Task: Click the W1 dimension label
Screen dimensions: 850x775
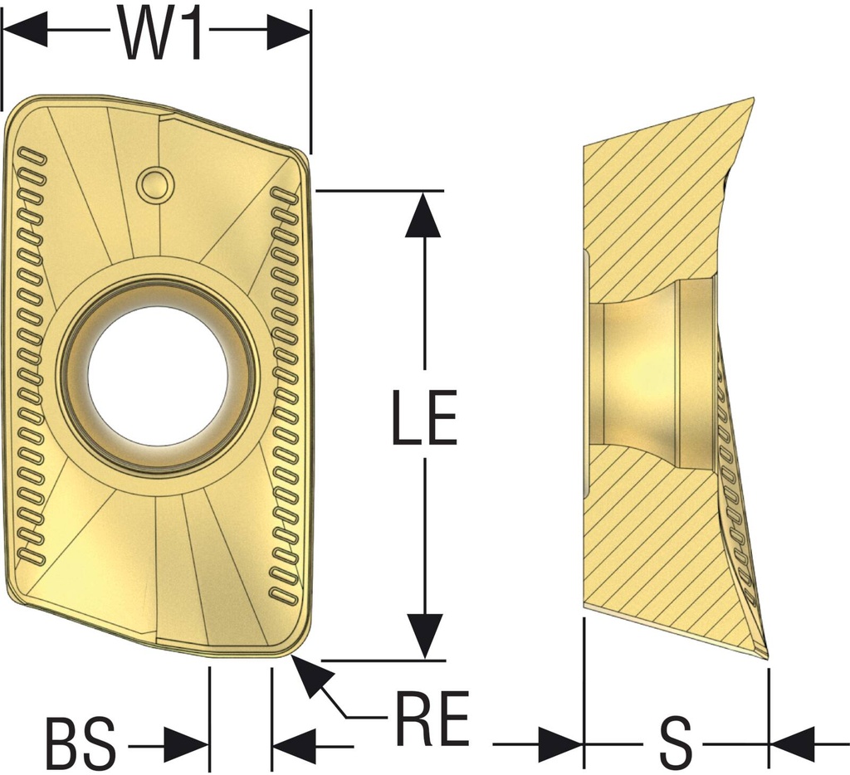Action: click(x=160, y=34)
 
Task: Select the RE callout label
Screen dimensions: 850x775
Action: click(x=432, y=718)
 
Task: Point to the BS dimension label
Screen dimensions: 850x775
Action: click(x=81, y=743)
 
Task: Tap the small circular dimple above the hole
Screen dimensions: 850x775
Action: click(x=155, y=184)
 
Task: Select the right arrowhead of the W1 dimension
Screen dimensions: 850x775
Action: click(x=289, y=30)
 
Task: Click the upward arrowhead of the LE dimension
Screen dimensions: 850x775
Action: click(x=423, y=214)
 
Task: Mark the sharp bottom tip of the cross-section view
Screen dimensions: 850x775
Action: click(x=768, y=660)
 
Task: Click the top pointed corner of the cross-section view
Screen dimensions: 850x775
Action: click(x=753, y=98)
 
